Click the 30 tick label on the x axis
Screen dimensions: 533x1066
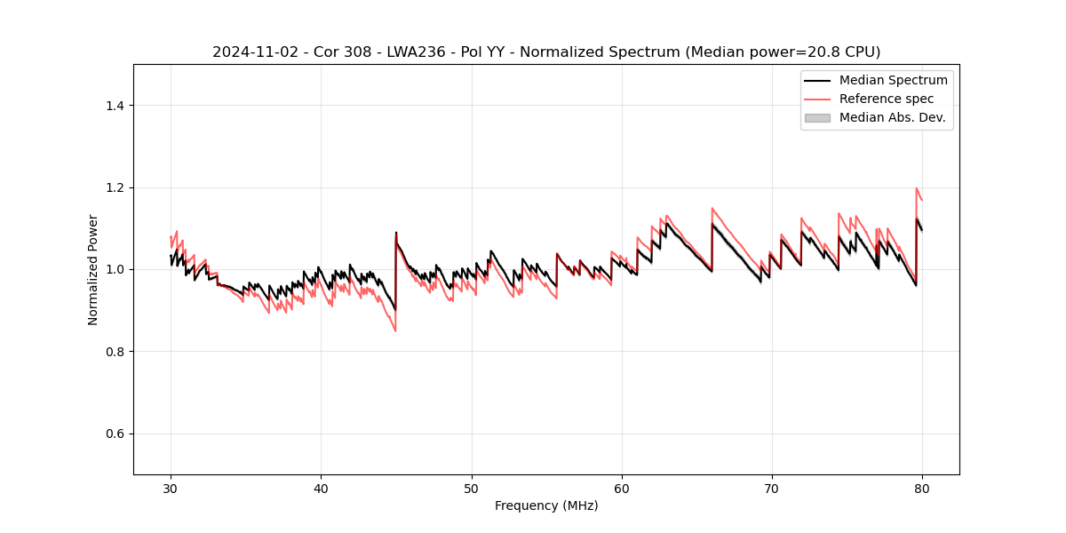click(171, 489)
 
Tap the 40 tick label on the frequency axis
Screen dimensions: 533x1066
click(321, 489)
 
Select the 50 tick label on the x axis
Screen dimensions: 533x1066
click(471, 489)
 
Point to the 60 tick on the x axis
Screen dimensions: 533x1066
click(622, 489)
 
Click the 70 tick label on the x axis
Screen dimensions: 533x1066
click(772, 489)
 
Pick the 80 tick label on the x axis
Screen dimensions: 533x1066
click(922, 489)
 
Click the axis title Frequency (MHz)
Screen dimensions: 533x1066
click(546, 505)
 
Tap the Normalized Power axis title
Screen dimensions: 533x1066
click(93, 269)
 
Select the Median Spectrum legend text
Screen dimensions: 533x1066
click(893, 80)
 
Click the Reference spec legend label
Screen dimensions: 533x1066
click(887, 99)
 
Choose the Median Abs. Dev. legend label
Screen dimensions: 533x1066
click(893, 117)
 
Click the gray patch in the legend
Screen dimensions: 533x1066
click(817, 117)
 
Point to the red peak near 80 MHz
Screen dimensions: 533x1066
click(916, 188)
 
